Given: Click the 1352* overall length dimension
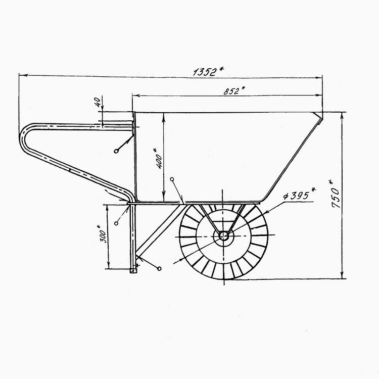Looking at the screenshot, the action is click(209, 72).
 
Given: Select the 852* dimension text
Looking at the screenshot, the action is click(234, 90).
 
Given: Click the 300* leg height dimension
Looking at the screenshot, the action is click(102, 234).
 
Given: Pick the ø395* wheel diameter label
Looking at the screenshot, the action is click(300, 195).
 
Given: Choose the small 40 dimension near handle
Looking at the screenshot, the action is click(97, 103).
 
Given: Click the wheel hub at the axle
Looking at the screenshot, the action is click(224, 235).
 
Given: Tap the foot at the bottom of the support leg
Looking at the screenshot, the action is click(133, 271).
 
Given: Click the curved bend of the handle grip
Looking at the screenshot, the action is click(23, 138).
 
